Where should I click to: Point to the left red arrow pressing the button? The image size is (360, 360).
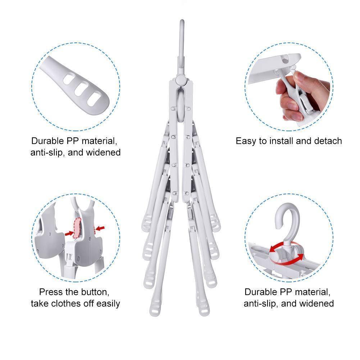69,233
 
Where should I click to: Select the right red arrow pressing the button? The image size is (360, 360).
100,228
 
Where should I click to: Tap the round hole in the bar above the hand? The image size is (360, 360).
285,61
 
